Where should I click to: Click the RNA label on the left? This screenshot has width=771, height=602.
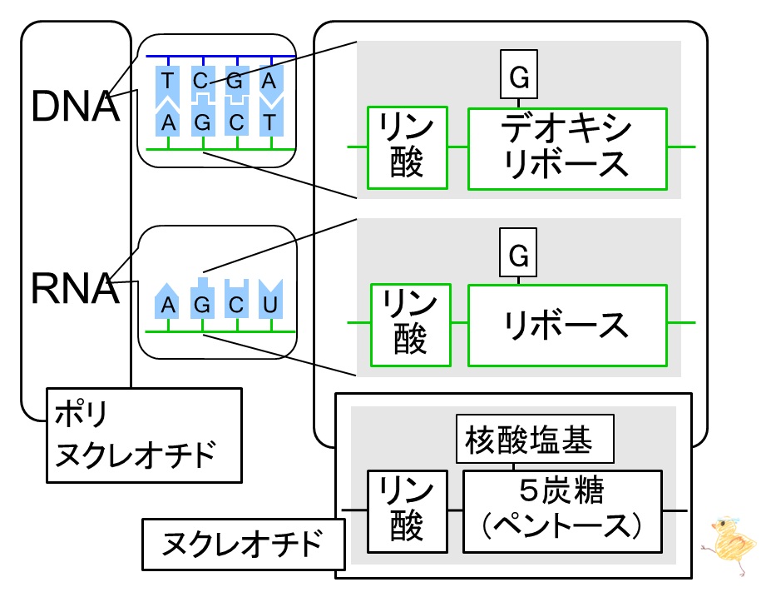75,288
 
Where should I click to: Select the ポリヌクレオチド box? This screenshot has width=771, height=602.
144,435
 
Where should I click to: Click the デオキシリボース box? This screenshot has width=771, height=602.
567,147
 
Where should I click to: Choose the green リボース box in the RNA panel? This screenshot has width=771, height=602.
567,325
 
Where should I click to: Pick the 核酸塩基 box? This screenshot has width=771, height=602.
536,440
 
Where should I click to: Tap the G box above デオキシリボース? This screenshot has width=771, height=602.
519,78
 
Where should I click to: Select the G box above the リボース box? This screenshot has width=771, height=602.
519,256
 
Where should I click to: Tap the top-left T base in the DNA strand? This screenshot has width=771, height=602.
169,82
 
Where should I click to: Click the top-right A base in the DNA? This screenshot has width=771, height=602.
269,82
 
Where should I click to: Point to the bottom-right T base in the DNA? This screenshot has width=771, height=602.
269,122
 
